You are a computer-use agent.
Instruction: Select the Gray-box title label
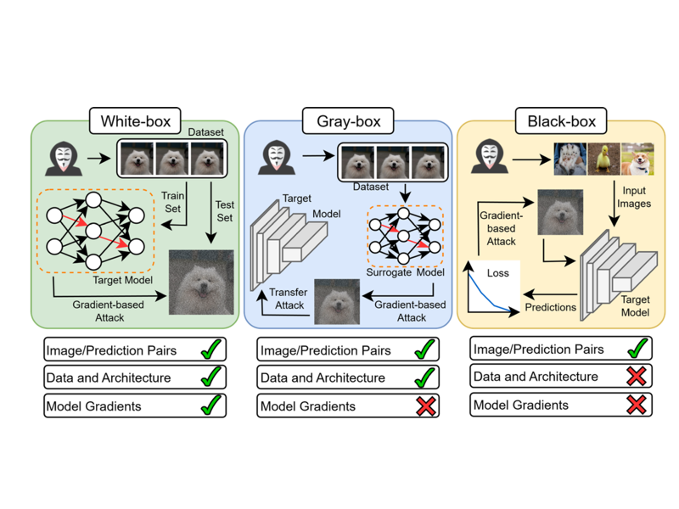348,121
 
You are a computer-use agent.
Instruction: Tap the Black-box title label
561,121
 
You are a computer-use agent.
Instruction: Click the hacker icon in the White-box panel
63,158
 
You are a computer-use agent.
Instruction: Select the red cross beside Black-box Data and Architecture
635,377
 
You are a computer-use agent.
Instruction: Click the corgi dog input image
637,159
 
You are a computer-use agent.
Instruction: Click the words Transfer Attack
289,299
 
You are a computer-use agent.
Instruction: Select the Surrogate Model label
405,272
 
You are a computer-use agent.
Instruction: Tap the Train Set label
173,202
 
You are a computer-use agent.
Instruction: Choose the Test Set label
224,210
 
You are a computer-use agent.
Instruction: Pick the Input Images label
636,199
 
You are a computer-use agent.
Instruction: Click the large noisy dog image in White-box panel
201,282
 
